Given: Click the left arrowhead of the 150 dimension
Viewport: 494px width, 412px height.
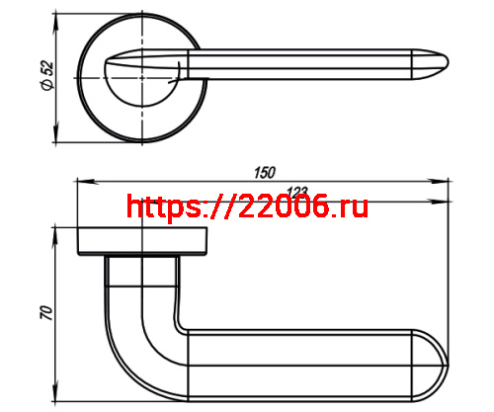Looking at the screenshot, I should tap(83, 181).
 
